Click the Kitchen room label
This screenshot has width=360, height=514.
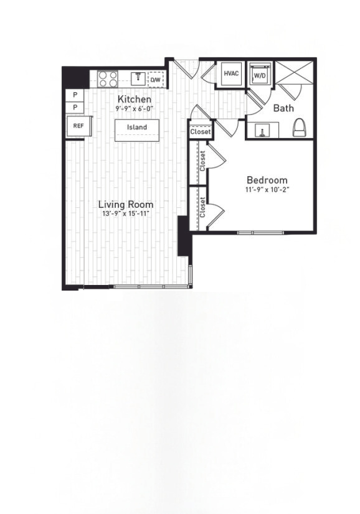pyautogui.click(x=135, y=100)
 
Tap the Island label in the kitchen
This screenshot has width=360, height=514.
pyautogui.click(x=137, y=128)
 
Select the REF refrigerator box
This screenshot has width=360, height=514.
pyautogui.click(x=78, y=126)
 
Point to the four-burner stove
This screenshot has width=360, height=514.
pyautogui.click(x=108, y=79)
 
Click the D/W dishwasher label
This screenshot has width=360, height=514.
pyautogui.click(x=156, y=80)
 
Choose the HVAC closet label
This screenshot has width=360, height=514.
pyautogui.click(x=231, y=73)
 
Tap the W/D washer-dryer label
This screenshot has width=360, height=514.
pyautogui.click(x=258, y=77)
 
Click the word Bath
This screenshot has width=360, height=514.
pyautogui.click(x=283, y=108)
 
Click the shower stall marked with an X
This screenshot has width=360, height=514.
pyautogui.click(x=295, y=75)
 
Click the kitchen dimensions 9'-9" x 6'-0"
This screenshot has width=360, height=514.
pyautogui.click(x=134, y=108)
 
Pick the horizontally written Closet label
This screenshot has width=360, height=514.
pyautogui.click(x=201, y=132)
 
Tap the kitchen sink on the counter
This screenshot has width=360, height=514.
pyautogui.click(x=138, y=78)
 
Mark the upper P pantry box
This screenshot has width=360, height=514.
pyautogui.click(x=75, y=95)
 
